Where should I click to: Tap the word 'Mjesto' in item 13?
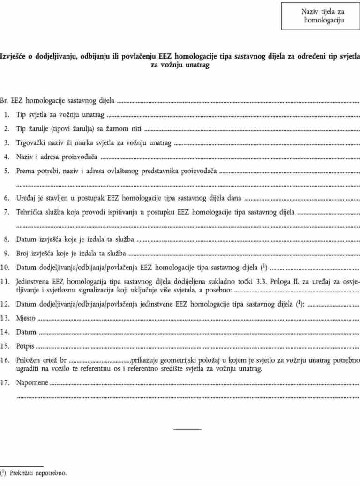26,318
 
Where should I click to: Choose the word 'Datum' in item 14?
26,332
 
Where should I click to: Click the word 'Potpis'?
25,346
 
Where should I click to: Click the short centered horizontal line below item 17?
187,429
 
